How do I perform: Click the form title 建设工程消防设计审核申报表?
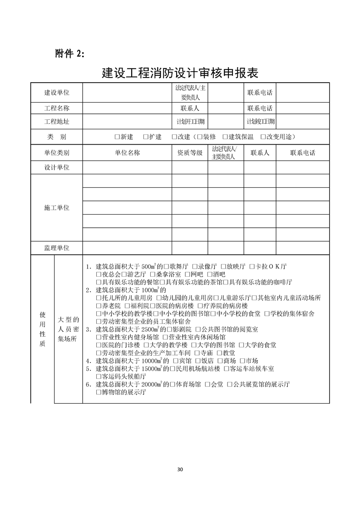click(x=180, y=73)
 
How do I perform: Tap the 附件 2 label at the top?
click(x=69, y=54)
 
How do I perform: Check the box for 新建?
click(x=117, y=137)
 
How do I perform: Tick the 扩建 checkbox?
click(x=145, y=137)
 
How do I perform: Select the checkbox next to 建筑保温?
click(x=225, y=137)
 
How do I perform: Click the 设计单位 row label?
click(x=57, y=167)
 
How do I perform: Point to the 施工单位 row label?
click(x=57, y=207)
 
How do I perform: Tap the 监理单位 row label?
click(x=57, y=248)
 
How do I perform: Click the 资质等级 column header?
click(x=190, y=153)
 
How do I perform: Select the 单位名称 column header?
click(x=127, y=153)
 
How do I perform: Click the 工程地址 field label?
click(x=57, y=122)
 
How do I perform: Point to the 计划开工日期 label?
click(x=190, y=122)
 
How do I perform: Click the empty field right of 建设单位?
click(x=127, y=93)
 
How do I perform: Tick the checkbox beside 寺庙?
click(x=197, y=352)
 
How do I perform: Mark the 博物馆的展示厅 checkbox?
click(x=99, y=392)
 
